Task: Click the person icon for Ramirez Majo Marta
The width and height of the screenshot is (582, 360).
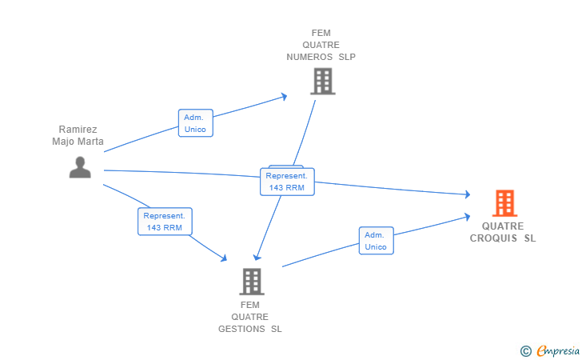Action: (80, 167)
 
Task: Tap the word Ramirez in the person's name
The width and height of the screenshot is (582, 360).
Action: (78, 130)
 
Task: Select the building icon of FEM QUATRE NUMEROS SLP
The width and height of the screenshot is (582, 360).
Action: (323, 82)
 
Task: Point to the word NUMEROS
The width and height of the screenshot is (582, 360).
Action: (309, 57)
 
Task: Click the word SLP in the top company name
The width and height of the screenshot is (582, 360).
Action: (347, 57)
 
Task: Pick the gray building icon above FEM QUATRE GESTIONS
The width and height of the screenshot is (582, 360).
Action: (252, 282)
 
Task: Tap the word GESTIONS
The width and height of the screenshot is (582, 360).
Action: (241, 329)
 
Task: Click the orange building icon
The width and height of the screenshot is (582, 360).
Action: (504, 203)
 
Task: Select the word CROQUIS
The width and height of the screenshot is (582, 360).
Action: (493, 238)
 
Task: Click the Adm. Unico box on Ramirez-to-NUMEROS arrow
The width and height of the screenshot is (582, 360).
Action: (196, 123)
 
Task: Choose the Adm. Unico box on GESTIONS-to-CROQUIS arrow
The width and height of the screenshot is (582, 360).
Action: (377, 241)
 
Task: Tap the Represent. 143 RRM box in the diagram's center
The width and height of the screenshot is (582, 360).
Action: (287, 182)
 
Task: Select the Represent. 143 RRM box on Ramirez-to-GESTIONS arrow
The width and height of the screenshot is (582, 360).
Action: (165, 222)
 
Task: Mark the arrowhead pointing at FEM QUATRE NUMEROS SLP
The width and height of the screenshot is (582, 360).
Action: (284, 97)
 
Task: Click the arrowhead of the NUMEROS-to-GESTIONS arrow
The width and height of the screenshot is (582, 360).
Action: (257, 257)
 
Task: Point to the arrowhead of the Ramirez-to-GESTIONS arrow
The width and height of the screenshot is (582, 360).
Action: (224, 258)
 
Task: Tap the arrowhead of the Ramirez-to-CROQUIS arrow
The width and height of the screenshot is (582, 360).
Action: (468, 194)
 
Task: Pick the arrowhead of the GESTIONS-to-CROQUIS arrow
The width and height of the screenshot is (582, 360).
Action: (468, 217)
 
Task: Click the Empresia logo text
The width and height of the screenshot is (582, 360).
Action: (558, 350)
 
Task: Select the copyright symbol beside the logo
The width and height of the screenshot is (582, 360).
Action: (526, 351)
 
